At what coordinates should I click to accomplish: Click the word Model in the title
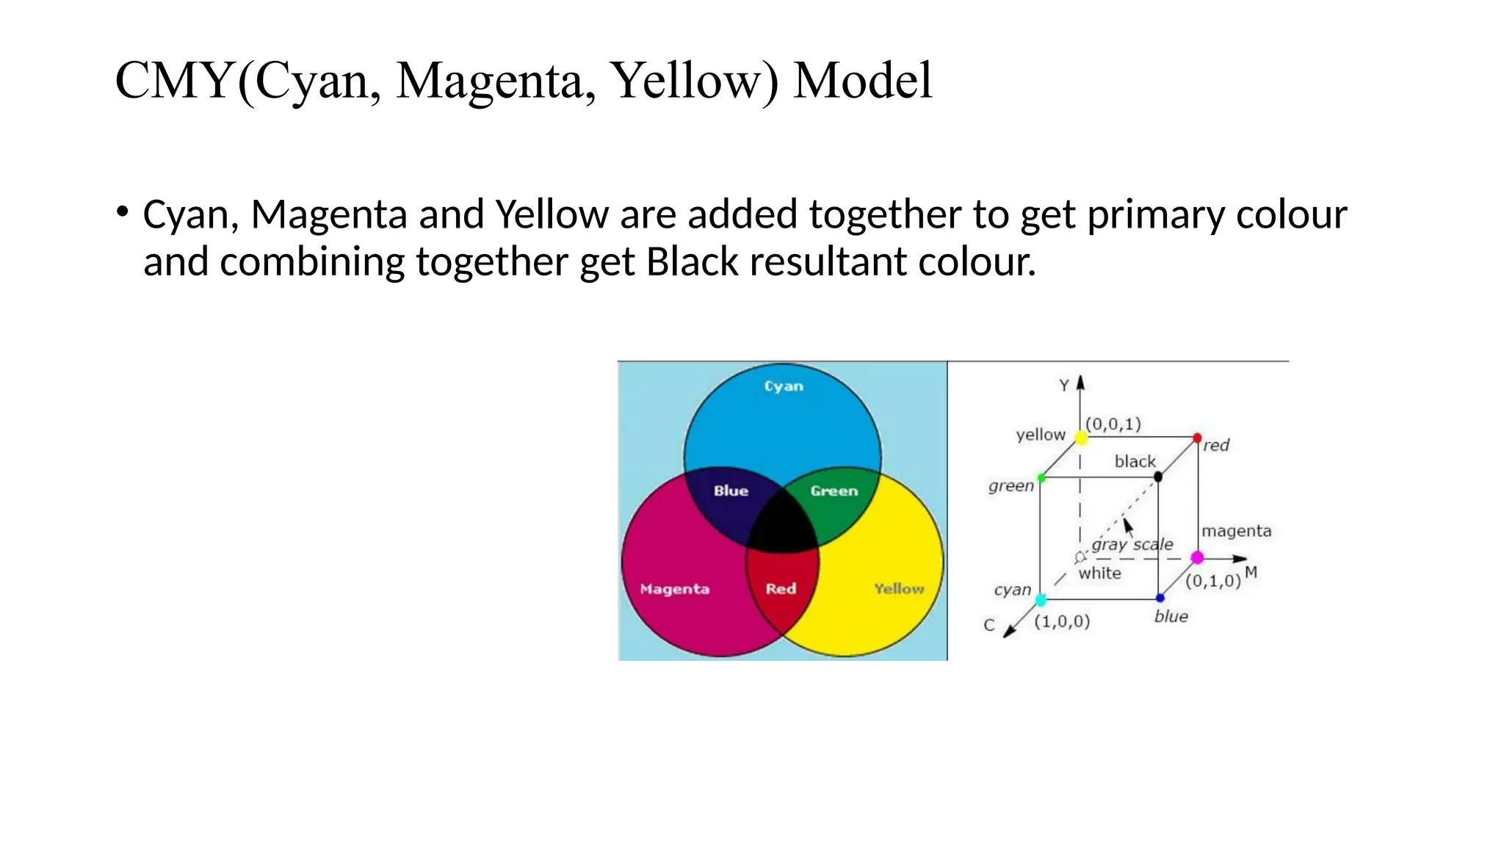click(x=863, y=81)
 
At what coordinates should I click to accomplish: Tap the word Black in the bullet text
click(x=692, y=262)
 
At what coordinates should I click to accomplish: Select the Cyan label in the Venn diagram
click(x=784, y=386)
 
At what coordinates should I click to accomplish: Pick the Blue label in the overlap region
click(x=731, y=491)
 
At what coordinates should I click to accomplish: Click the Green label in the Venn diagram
click(x=834, y=491)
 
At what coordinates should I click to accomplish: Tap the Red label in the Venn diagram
click(x=781, y=588)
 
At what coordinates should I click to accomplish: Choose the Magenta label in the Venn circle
click(x=674, y=589)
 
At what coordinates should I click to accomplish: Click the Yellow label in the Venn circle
click(x=899, y=588)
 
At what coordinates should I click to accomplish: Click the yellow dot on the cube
click(x=1081, y=438)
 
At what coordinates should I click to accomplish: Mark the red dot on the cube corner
click(x=1197, y=438)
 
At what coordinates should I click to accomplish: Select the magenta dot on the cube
click(x=1197, y=557)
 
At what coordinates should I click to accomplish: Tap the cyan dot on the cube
click(x=1041, y=600)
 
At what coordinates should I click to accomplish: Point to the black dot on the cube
click(x=1158, y=477)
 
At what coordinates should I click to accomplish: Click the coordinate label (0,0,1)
click(x=1113, y=424)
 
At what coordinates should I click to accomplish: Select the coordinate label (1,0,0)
click(x=1062, y=621)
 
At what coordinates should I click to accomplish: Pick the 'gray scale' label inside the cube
click(x=1132, y=544)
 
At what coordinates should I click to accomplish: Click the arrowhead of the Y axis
click(x=1080, y=383)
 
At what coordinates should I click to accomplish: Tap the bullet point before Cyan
click(x=123, y=212)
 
